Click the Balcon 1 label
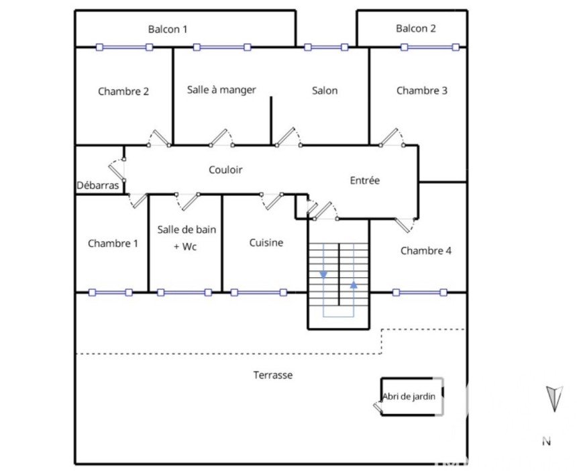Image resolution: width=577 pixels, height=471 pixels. [168, 29]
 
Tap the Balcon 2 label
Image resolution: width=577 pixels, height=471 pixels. [416, 28]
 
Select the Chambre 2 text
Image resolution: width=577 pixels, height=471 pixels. [123, 91]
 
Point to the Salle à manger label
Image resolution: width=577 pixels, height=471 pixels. [221, 90]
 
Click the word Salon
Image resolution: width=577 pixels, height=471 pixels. [325, 91]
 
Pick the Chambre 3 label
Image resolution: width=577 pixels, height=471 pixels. [422, 91]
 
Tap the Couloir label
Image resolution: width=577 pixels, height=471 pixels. [225, 170]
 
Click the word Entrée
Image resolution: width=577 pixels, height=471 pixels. [365, 180]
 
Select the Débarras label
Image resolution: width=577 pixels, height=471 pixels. [98, 185]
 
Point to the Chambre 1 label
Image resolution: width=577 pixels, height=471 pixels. [113, 244]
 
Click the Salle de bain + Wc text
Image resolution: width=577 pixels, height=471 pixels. [187, 238]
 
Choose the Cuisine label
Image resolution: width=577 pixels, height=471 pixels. [266, 243]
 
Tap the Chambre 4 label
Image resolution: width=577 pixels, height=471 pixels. [426, 251]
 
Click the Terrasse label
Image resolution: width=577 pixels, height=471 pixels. [273, 375]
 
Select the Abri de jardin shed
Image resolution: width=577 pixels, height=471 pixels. [411, 397]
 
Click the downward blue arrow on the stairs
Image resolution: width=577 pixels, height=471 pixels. [323, 274]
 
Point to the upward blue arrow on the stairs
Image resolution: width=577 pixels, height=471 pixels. [354, 284]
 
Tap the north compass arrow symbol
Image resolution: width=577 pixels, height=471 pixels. [554, 399]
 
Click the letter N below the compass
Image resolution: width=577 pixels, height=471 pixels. [546, 441]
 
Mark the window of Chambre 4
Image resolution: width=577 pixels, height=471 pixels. [419, 293]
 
